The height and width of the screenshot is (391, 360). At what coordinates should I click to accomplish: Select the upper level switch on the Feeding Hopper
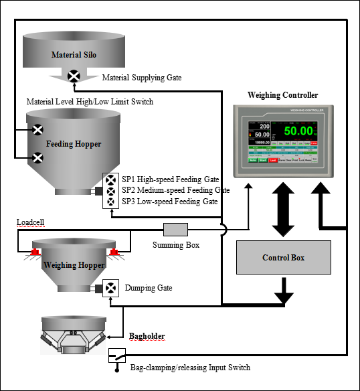coord(38,130)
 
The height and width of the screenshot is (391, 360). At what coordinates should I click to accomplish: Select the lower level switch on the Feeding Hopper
coord(38,158)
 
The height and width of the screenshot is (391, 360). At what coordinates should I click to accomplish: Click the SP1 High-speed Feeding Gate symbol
coord(110,180)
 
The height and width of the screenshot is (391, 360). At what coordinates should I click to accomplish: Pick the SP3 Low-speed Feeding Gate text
coord(169,201)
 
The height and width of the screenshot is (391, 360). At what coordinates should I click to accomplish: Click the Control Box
coord(284,257)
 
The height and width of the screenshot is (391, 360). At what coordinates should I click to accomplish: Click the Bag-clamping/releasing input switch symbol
coord(116,356)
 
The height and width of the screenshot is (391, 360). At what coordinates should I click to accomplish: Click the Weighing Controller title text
coord(282,95)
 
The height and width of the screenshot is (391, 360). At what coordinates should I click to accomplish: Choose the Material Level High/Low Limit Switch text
coord(90,102)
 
